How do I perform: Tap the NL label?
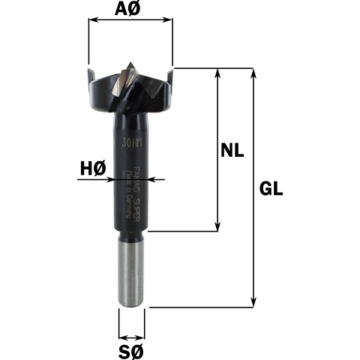pyautogui.click(x=235, y=150)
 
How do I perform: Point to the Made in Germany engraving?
pyautogui.click(x=129, y=195)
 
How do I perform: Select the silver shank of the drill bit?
pyautogui.click(x=131, y=274)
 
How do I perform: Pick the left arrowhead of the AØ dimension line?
pyautogui.click(x=92, y=22)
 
